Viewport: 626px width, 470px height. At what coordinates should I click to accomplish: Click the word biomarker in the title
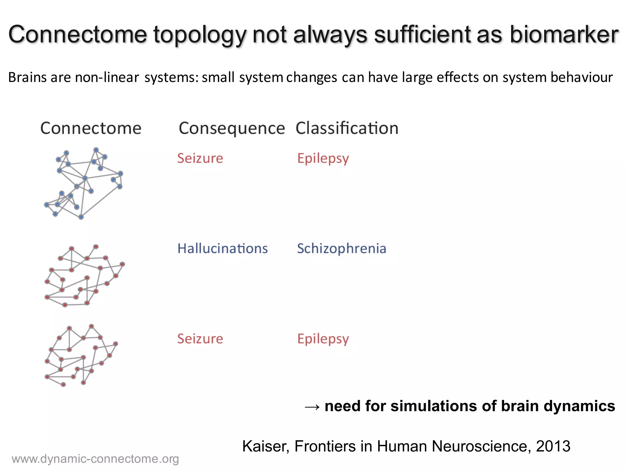click(564, 34)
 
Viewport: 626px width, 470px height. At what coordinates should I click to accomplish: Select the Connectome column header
click(91, 128)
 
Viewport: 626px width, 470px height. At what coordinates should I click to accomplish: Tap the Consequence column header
click(231, 128)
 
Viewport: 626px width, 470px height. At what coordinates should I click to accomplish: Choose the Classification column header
click(347, 128)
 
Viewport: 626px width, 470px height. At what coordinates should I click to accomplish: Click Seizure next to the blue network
click(200, 159)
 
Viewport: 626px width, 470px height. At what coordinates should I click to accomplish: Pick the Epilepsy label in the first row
click(323, 159)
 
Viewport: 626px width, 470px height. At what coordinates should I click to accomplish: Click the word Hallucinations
click(223, 248)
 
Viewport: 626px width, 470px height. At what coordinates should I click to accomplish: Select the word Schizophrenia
click(341, 248)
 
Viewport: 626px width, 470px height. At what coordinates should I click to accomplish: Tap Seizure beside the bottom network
click(200, 339)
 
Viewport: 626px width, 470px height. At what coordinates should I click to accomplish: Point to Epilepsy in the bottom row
click(323, 339)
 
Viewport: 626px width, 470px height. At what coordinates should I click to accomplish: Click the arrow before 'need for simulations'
click(312, 407)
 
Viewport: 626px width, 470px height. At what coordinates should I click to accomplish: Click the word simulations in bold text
click(434, 406)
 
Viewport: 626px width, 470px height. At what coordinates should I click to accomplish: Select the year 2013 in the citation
click(553, 446)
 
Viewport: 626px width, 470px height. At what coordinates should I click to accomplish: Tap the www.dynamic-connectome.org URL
click(95, 459)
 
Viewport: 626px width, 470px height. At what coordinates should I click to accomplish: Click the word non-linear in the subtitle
click(107, 77)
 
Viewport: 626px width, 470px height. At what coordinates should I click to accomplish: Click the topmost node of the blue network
click(96, 150)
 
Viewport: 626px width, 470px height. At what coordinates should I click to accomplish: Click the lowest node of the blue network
click(81, 217)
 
